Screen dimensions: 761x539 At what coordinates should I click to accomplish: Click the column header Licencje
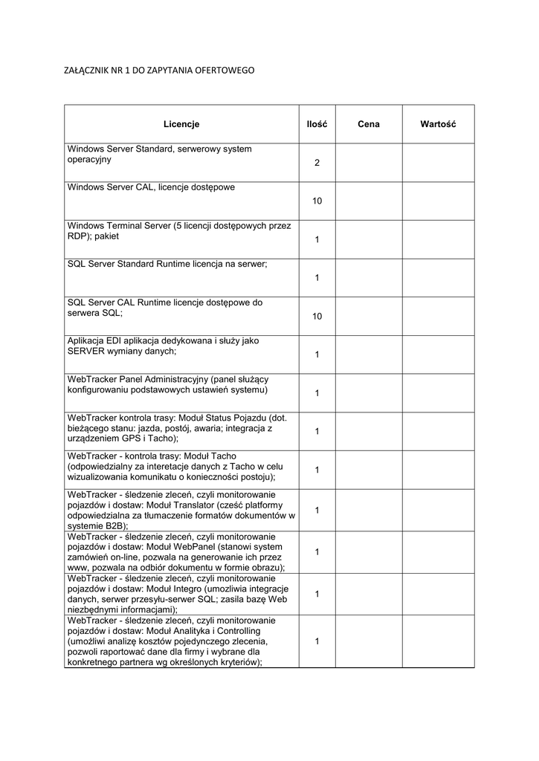(x=181, y=124)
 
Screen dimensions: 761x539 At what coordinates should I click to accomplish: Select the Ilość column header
(x=317, y=124)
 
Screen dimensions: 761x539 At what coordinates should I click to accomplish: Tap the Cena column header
(x=368, y=124)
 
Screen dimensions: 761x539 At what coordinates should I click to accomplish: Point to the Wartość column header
(x=438, y=124)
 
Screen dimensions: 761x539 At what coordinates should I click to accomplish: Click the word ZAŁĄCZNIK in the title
(x=86, y=71)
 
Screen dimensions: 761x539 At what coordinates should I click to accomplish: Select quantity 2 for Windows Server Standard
(x=317, y=163)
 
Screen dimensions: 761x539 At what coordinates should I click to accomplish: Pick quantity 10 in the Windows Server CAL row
(x=317, y=201)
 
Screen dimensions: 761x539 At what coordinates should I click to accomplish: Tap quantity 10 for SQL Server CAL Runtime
(x=317, y=317)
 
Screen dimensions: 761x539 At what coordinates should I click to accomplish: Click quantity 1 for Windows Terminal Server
(x=317, y=240)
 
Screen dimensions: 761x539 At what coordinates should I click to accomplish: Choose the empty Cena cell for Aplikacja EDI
(x=368, y=354)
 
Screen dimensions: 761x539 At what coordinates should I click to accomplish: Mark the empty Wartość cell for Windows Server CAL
(x=438, y=201)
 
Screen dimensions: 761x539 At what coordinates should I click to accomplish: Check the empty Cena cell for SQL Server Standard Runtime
(x=368, y=278)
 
